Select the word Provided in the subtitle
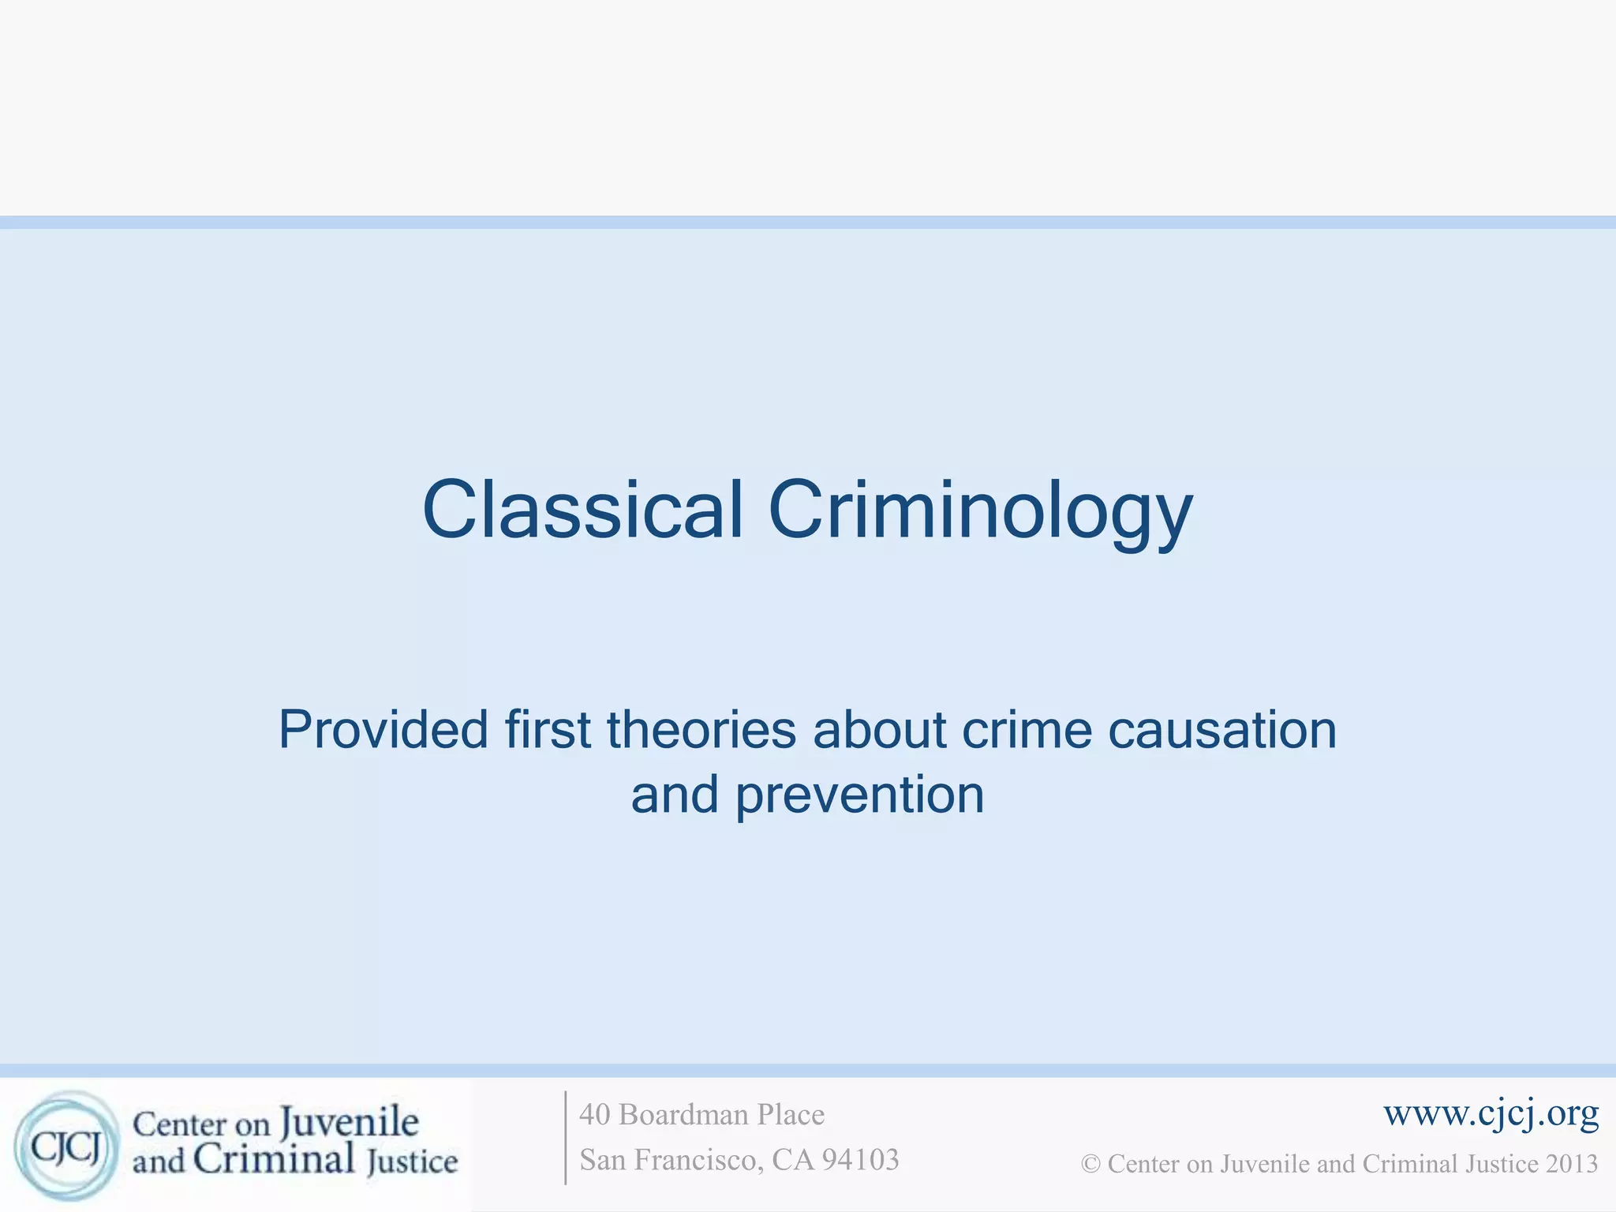tap(383, 729)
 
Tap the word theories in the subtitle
tap(701, 729)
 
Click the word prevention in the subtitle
tap(860, 795)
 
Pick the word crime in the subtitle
tap(1027, 729)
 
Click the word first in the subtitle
tap(548, 729)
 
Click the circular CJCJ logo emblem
tap(67, 1146)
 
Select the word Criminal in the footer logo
tap(274, 1160)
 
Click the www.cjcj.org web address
tap(1491, 1113)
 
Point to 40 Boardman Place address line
tap(701, 1114)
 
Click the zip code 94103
tap(860, 1160)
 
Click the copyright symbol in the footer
tap(1090, 1165)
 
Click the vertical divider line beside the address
tap(566, 1137)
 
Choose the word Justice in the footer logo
tap(412, 1161)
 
